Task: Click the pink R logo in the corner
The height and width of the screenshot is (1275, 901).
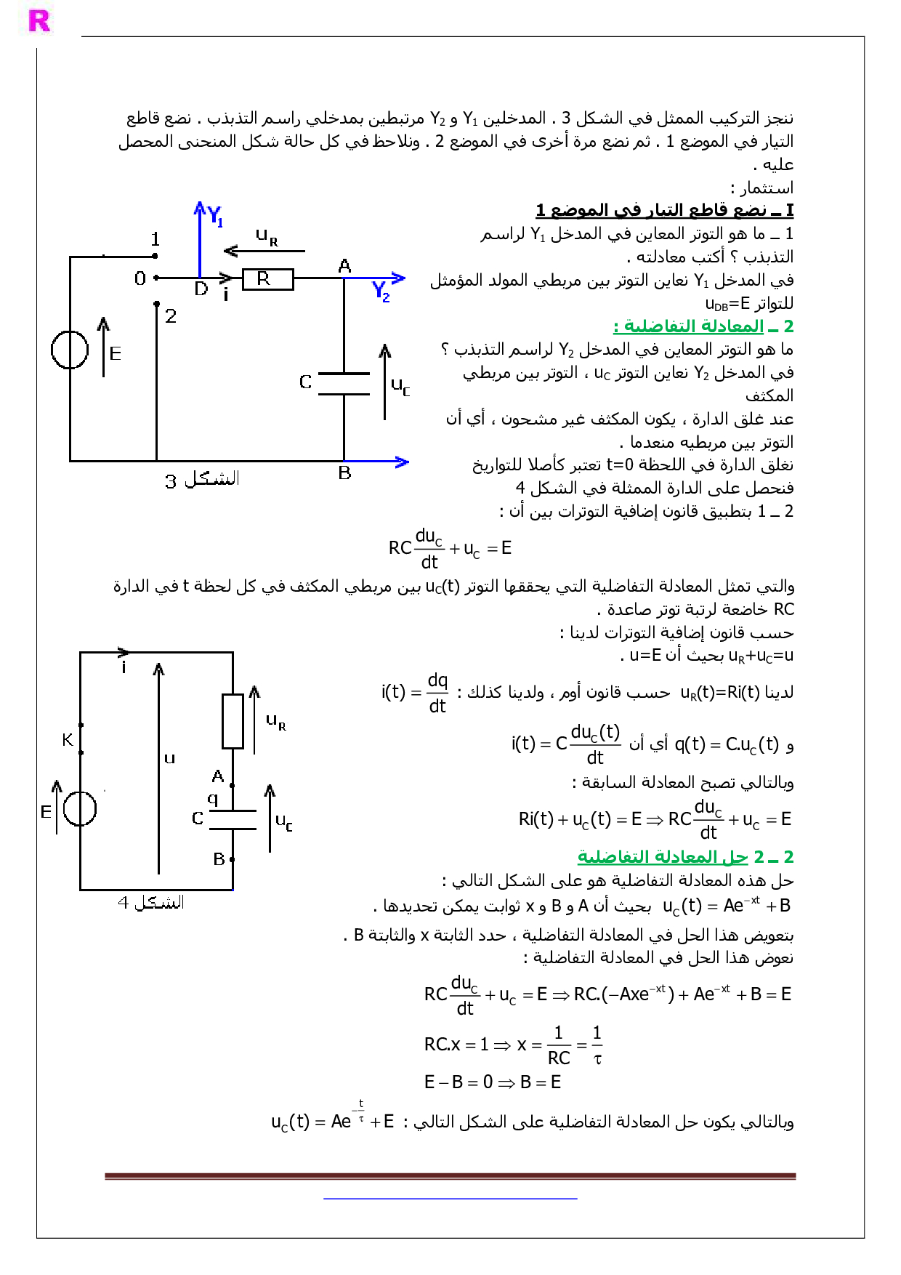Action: (39, 21)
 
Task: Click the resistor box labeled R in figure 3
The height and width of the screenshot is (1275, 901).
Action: (267, 279)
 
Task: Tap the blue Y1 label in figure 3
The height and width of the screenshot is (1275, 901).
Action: (214, 216)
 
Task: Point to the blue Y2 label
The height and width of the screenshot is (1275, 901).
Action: (381, 291)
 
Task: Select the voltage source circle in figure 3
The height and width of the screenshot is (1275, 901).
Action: (70, 350)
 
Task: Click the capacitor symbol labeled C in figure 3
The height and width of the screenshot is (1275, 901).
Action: (344, 384)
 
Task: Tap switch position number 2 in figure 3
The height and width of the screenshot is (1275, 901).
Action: (171, 316)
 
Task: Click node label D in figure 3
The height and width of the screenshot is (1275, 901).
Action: (201, 289)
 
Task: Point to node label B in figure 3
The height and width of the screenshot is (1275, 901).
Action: (344, 473)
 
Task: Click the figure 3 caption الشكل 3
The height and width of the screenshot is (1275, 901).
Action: (202, 480)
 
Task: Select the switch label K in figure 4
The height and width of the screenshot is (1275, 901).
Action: (68, 740)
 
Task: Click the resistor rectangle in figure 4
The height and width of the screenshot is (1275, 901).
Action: (233, 721)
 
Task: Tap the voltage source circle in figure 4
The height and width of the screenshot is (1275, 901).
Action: (80, 808)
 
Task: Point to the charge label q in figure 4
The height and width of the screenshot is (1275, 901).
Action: (213, 799)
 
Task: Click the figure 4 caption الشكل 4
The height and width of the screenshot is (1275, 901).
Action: (151, 903)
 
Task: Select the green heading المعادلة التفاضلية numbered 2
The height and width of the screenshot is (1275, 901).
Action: (703, 326)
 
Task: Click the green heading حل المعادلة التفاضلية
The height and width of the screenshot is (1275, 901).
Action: (685, 857)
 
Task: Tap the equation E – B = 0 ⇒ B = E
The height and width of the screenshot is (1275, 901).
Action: (492, 1082)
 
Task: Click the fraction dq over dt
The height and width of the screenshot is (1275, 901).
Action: (437, 693)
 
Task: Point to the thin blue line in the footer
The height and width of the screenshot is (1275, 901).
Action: (450, 1198)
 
